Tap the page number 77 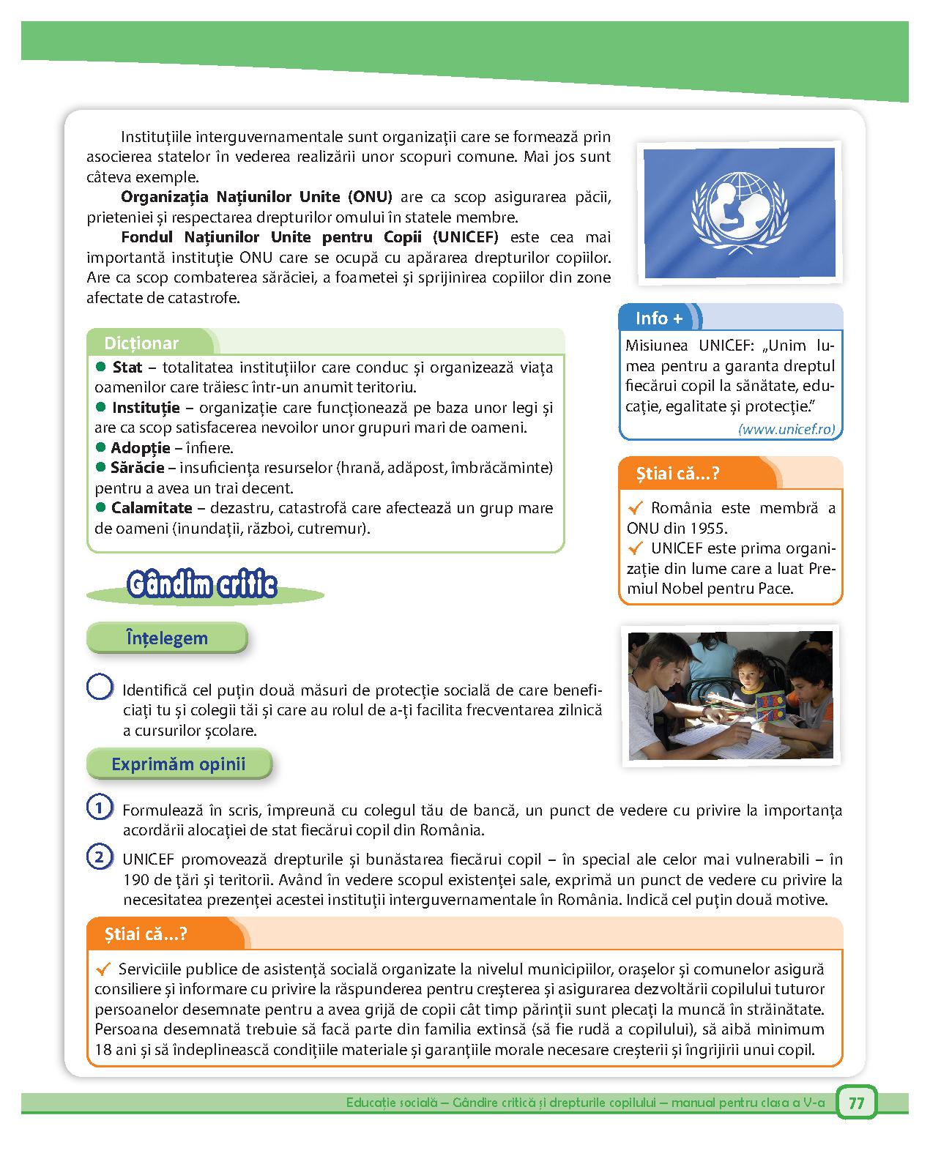856,1103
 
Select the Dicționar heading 141,343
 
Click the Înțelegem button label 167,638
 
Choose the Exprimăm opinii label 179,764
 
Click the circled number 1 99,808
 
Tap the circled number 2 99,857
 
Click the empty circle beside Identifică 99,687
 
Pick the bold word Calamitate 151,508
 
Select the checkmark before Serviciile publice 103,969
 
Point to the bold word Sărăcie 137,468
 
